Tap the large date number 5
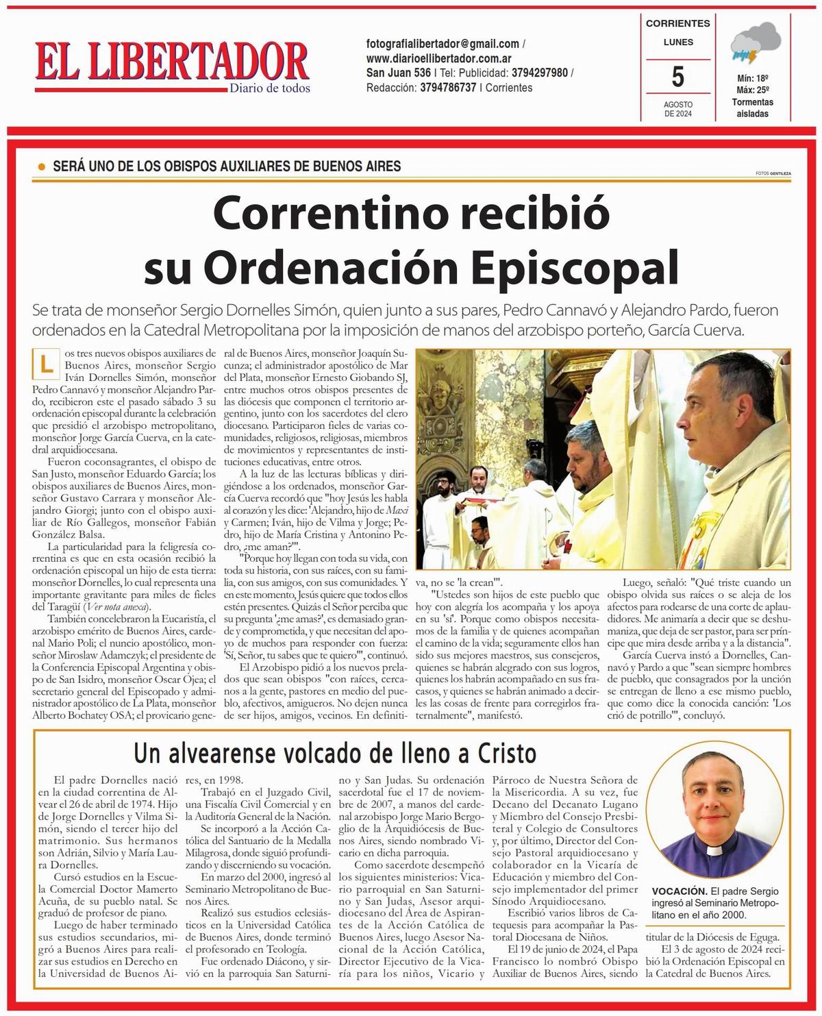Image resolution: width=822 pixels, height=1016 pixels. pyautogui.click(x=677, y=76)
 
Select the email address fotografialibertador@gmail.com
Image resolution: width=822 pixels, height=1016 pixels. pyautogui.click(x=443, y=44)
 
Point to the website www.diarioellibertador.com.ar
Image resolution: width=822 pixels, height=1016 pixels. pyautogui.click(x=438, y=58)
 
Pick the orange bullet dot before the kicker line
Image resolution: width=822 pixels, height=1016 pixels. pyautogui.click(x=42, y=166)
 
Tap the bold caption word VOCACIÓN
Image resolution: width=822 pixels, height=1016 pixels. pyautogui.click(x=678, y=891)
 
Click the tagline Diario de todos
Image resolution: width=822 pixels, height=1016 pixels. pyautogui.click(x=270, y=88)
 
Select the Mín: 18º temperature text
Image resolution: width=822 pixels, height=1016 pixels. pyautogui.click(x=752, y=78)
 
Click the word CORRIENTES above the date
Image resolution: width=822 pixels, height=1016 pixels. pyautogui.click(x=677, y=23)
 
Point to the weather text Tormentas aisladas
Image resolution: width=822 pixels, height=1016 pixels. pyautogui.click(x=752, y=108)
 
